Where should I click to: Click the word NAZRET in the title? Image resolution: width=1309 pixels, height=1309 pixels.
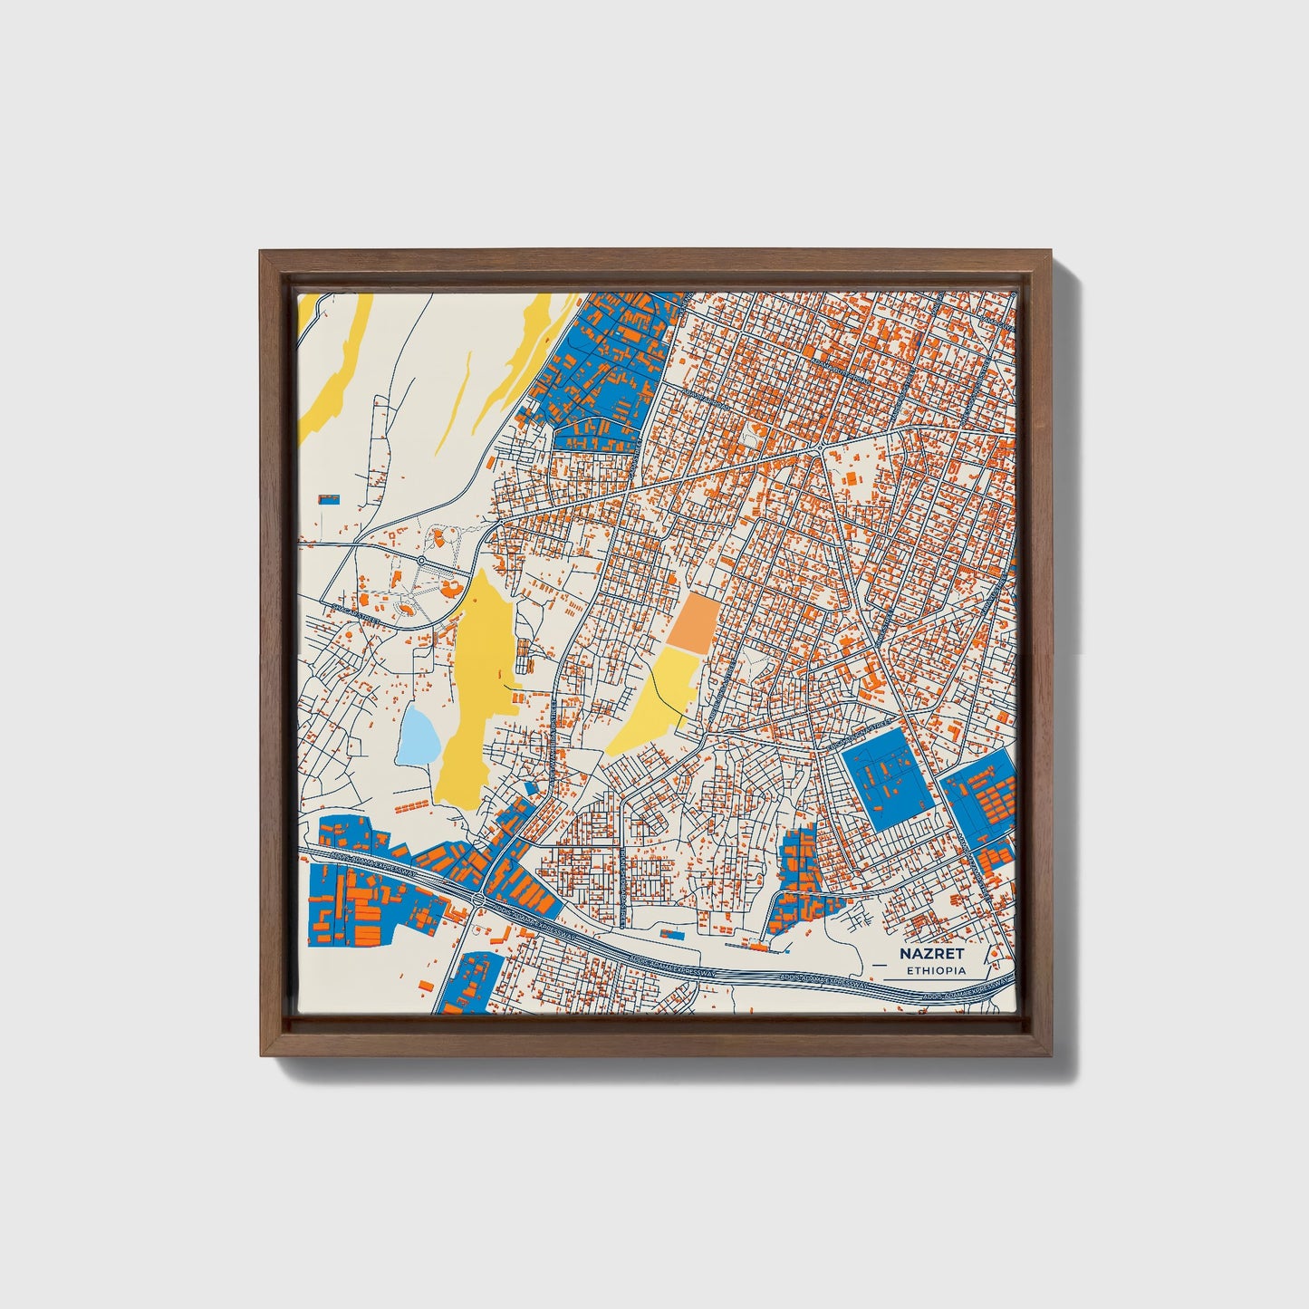pos(931,954)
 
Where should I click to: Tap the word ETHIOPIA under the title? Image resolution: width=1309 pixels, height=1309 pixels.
pos(936,971)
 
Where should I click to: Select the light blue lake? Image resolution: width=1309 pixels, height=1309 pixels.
pos(419,735)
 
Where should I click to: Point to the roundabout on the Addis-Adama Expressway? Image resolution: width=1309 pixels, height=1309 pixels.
pos(476,900)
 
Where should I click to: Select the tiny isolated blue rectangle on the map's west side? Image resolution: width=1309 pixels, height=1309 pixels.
pos(329,498)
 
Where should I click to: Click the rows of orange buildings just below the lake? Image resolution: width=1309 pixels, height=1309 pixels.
pos(412,804)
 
